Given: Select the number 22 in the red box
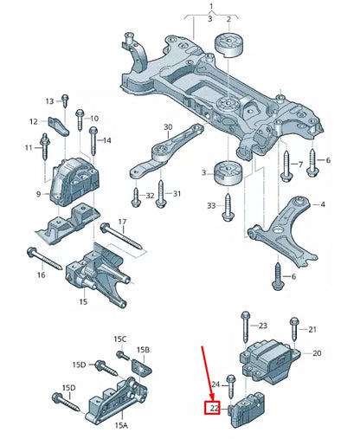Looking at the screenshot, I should [x=212, y=407].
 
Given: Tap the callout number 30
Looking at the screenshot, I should [x=168, y=126].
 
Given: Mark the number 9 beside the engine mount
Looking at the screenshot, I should [x=39, y=195].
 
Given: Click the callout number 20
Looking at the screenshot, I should [x=316, y=353].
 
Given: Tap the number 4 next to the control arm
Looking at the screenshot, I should [x=322, y=205].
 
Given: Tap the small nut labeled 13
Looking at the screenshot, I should [x=63, y=101].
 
